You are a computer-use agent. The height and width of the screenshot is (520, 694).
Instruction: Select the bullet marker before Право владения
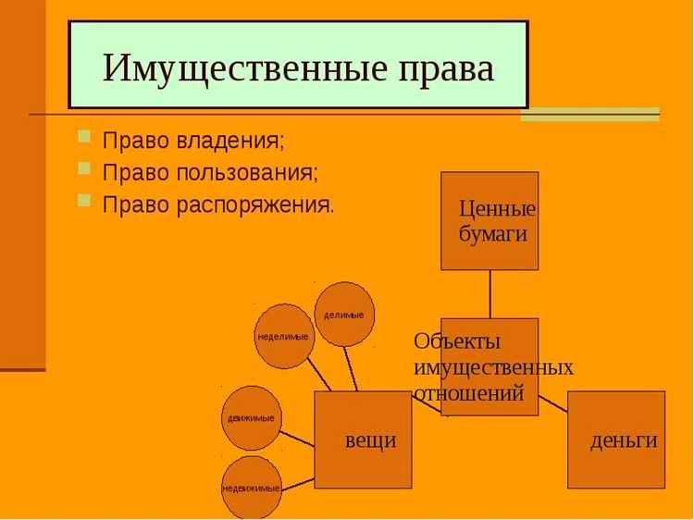point(84,138)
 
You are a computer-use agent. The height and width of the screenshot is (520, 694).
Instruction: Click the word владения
point(230,142)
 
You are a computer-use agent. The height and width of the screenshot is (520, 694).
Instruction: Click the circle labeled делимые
point(344,315)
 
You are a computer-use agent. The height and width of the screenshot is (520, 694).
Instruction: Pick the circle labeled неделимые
point(284,336)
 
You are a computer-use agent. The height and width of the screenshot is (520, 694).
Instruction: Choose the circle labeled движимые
point(252,418)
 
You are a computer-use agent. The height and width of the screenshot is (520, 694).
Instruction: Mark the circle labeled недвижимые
point(252,487)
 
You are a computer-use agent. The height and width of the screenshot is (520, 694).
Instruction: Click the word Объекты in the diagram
point(457,341)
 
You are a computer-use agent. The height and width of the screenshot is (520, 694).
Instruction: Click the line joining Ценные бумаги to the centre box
point(490,294)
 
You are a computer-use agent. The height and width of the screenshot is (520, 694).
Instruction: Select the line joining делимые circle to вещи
point(353,368)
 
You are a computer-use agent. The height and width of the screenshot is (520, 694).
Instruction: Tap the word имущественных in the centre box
point(493,367)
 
